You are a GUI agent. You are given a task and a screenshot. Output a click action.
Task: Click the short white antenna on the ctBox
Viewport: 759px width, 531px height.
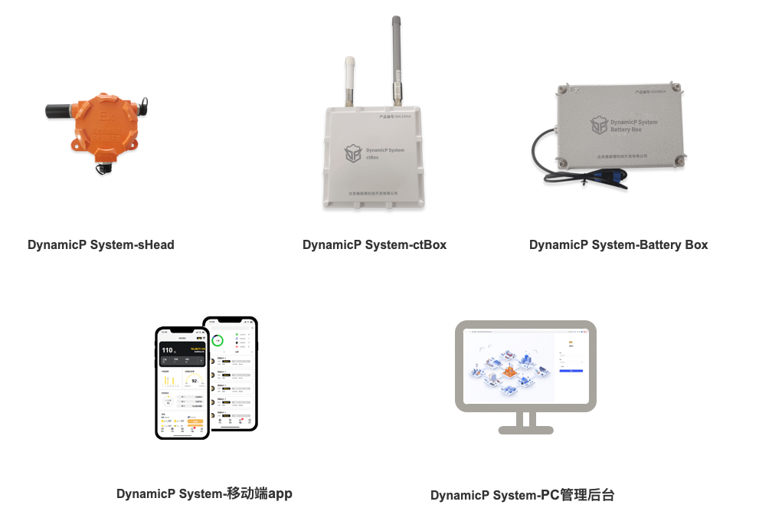click(349, 80)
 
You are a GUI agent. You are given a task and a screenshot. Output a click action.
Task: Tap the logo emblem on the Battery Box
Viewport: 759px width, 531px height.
click(598, 126)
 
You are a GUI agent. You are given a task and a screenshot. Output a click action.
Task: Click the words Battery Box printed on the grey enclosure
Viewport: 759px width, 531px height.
click(627, 129)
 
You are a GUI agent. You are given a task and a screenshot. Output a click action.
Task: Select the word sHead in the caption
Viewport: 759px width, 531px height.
click(155, 245)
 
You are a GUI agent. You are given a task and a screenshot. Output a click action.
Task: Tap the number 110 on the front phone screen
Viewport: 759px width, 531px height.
click(168, 352)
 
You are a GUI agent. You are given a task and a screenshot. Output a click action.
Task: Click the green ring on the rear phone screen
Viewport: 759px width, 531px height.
click(218, 340)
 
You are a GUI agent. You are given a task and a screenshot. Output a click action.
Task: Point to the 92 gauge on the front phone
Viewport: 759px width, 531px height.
click(195, 380)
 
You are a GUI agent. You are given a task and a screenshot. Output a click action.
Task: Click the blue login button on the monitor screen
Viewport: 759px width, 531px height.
click(571, 370)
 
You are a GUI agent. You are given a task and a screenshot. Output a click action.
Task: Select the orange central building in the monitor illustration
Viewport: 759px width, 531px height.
click(509, 372)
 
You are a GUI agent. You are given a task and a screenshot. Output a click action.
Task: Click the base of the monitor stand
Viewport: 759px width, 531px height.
click(525, 430)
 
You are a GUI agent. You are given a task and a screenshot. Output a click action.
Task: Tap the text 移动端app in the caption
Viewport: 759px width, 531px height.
click(260, 493)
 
